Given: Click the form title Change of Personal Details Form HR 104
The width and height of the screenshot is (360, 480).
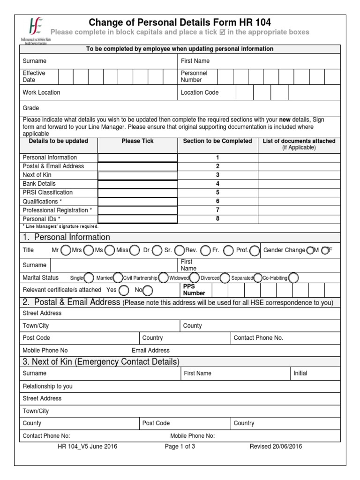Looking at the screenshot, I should [180, 22].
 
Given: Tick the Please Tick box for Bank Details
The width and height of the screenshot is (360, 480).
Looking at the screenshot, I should [137, 184].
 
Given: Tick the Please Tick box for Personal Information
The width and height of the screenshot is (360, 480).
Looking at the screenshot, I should [137, 157].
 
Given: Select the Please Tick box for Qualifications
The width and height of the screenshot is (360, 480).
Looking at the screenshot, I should [137, 202].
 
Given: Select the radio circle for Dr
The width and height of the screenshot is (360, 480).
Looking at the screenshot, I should [157, 251].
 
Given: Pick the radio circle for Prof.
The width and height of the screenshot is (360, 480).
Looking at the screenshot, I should [255, 251].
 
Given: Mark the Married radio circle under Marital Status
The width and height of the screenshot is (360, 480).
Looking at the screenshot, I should [119, 278].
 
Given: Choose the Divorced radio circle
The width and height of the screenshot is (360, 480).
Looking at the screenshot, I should [225, 278].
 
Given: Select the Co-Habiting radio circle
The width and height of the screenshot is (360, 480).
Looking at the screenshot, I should [294, 278].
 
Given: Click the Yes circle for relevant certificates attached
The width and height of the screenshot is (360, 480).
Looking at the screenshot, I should [124, 290].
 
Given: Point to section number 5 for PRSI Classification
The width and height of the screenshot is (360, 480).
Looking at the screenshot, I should [217, 193].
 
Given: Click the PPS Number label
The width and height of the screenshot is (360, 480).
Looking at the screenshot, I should [194, 290].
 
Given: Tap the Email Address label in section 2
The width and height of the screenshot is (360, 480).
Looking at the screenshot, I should [150, 350].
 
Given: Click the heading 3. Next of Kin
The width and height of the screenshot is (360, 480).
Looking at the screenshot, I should [100, 361].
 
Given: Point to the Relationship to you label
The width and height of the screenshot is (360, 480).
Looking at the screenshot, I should [48, 387].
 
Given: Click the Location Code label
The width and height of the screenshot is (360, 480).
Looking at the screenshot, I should [200, 93].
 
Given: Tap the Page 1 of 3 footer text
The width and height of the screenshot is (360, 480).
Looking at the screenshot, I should [180, 447].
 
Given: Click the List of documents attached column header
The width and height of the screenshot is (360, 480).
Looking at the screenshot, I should [299, 141].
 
